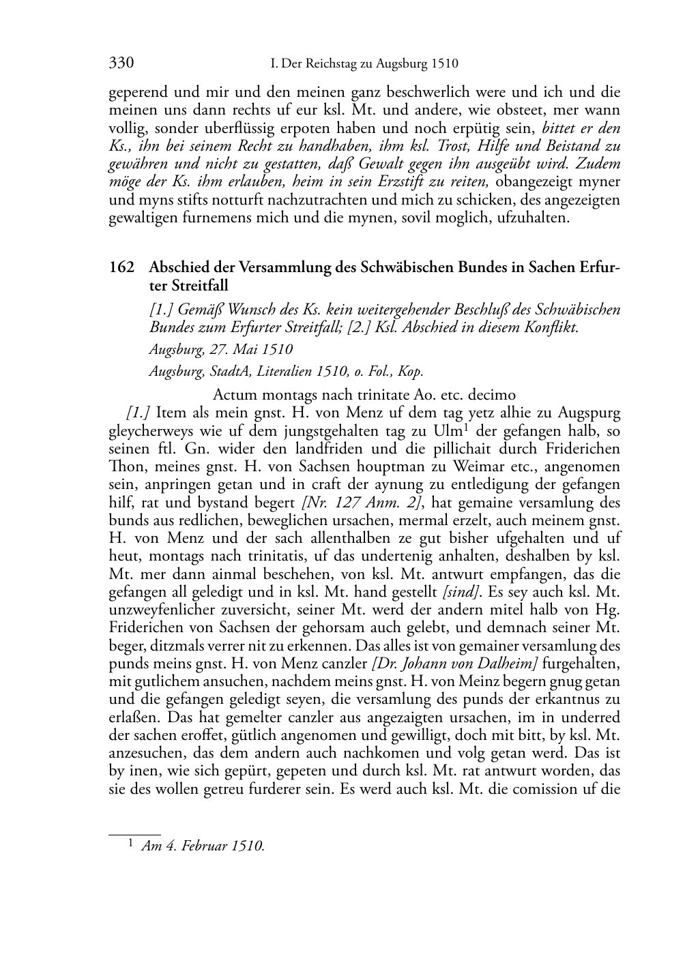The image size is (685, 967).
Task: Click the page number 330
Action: [x=121, y=64]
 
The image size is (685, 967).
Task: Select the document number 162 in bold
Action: [x=121, y=267]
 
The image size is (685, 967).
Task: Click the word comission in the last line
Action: [x=540, y=790]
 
